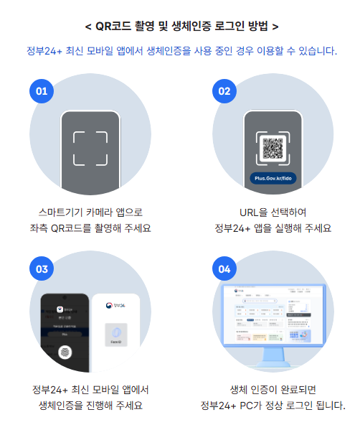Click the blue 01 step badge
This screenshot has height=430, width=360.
42,91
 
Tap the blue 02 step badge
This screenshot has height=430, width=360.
224,91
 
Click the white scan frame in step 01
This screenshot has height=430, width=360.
90,148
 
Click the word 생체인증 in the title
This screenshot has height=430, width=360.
193,27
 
